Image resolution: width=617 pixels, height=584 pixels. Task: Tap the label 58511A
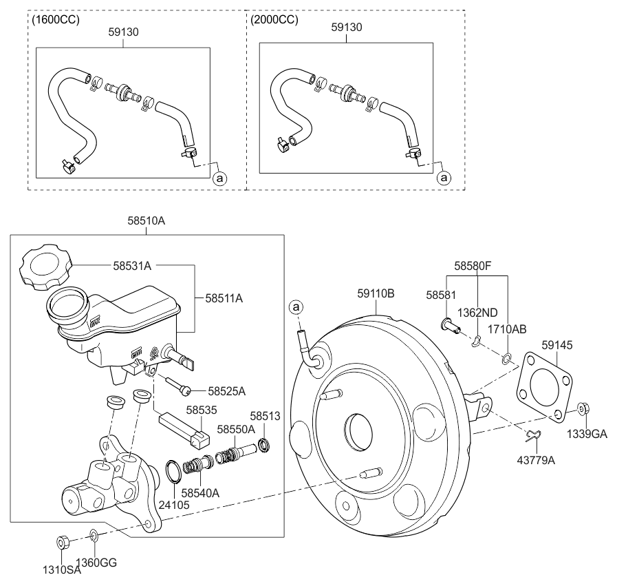[224, 298]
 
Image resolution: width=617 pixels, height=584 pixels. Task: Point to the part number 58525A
[226, 390]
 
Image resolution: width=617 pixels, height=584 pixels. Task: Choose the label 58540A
[201, 492]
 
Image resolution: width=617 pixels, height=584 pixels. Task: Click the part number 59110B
[375, 293]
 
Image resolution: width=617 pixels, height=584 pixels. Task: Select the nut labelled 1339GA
[581, 409]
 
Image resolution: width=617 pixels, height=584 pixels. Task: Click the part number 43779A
[537, 459]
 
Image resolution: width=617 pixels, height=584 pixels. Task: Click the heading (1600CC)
[56, 20]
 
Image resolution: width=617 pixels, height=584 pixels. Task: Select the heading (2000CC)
[274, 20]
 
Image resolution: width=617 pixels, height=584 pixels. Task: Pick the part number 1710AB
[507, 329]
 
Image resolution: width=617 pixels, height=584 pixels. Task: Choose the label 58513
[264, 416]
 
